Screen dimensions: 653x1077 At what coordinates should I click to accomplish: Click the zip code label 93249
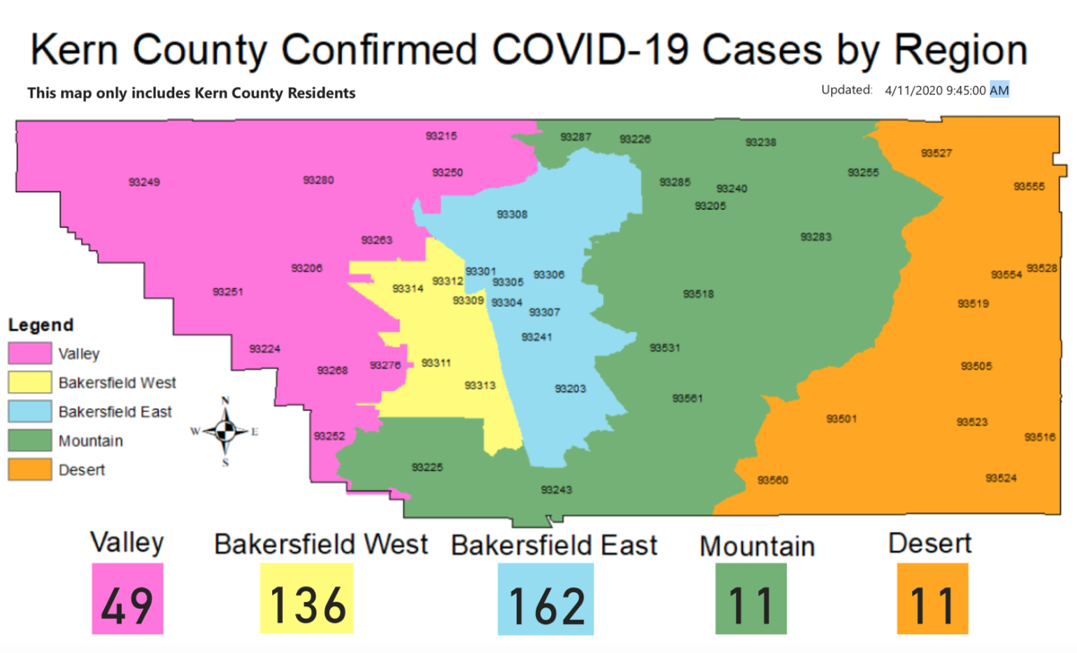point(144,182)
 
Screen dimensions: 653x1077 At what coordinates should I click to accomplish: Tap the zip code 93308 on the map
point(512,214)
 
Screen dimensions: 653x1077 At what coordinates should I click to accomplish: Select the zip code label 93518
point(698,294)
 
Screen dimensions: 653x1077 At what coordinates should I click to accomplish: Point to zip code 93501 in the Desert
point(842,419)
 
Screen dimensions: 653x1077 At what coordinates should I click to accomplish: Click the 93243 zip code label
point(556,490)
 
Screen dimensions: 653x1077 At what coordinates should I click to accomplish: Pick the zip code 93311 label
point(436,363)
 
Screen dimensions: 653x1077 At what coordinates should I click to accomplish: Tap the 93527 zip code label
point(936,153)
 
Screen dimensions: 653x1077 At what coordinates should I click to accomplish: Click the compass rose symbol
point(225,431)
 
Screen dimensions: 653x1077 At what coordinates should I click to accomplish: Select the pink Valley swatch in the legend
point(30,354)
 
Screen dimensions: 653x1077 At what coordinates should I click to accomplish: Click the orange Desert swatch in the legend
point(30,469)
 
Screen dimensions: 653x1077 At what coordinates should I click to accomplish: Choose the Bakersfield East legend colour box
point(30,412)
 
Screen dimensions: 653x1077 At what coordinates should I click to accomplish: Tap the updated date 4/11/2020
point(907,91)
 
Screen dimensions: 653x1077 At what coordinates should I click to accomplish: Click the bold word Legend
point(40,326)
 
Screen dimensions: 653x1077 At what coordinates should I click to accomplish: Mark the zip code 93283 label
point(816,238)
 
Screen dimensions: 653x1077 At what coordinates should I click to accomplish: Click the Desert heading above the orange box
point(930,544)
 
